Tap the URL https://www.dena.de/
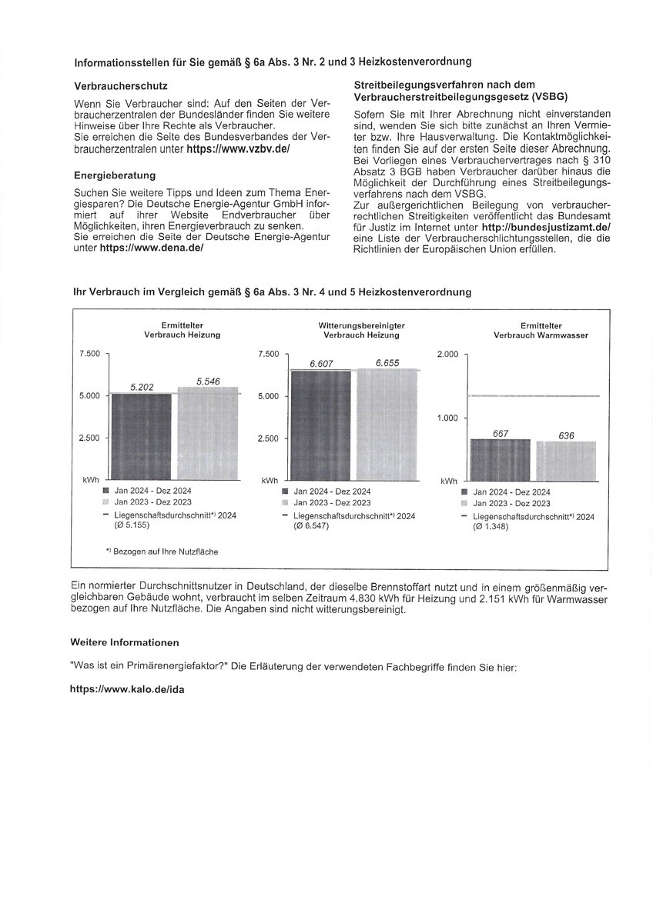151,251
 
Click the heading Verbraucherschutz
121,86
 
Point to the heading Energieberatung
115,175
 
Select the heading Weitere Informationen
125,642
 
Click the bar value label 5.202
141,388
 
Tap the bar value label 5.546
209,381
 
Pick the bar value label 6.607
321,364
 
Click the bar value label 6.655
387,362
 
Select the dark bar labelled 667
500,460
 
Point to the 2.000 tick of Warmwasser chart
447,354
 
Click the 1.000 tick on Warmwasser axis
447,418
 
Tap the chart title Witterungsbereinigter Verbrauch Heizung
361,331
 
